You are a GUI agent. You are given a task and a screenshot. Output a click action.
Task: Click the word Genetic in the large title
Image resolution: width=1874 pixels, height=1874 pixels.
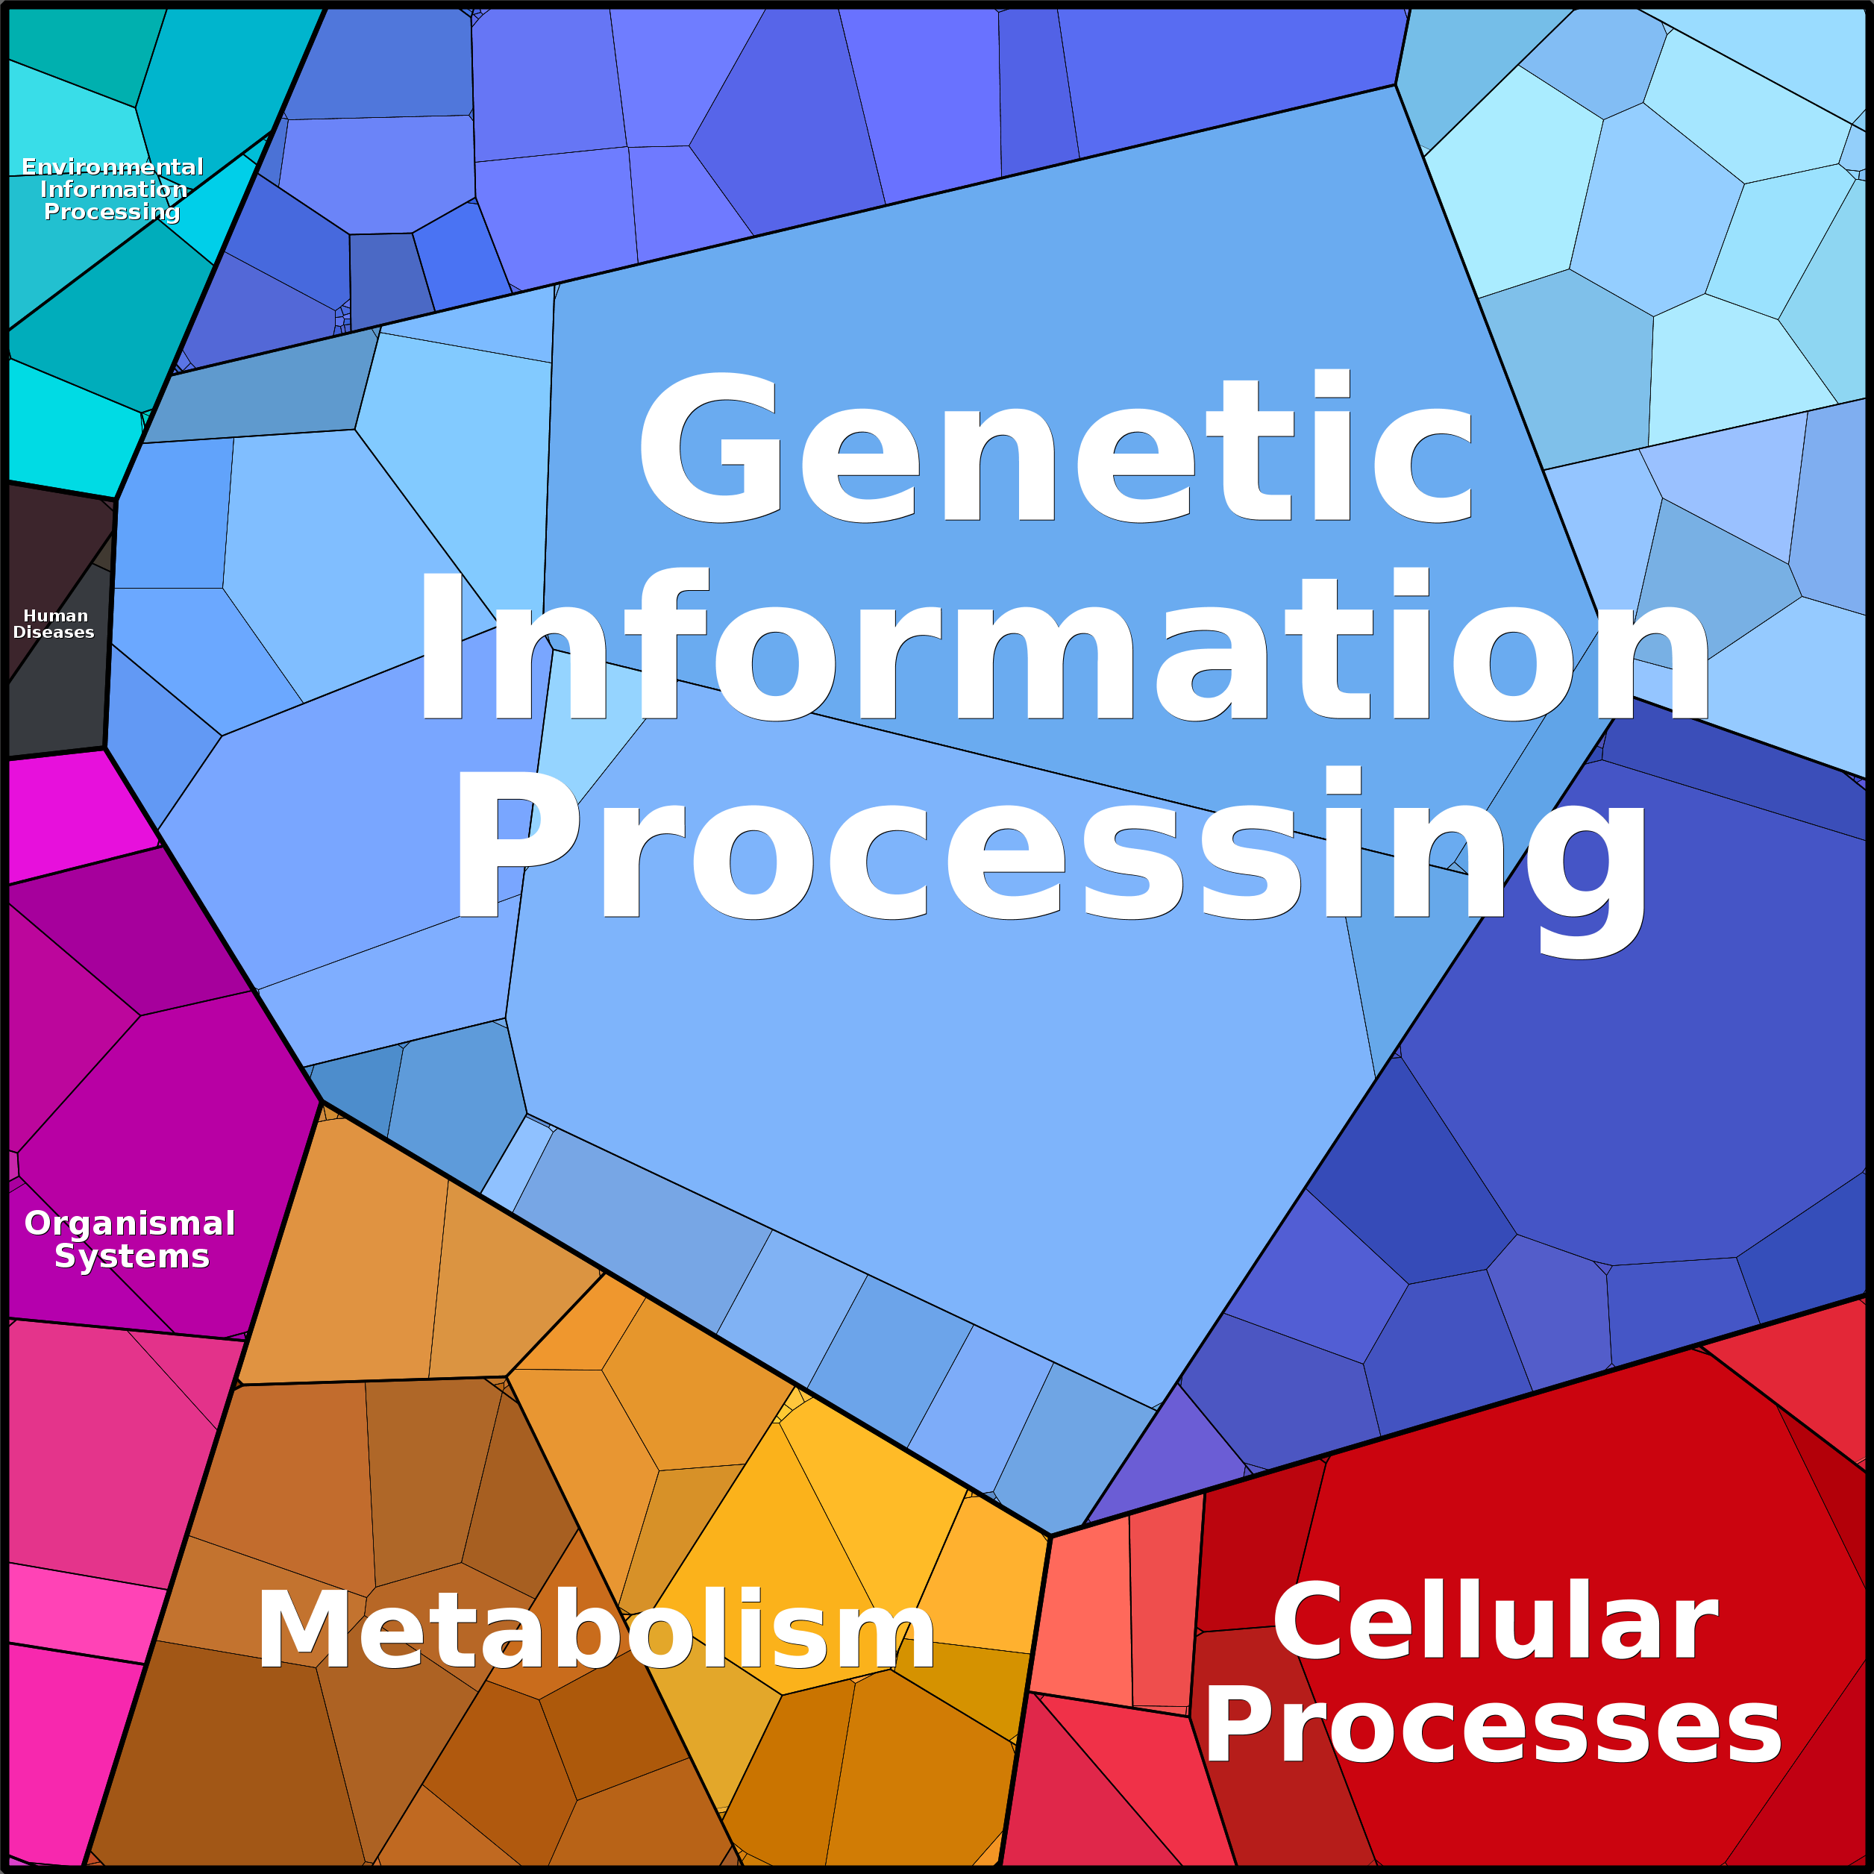click(x=1056, y=448)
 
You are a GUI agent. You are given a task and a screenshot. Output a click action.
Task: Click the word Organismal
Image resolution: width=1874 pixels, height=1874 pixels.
click(x=130, y=1223)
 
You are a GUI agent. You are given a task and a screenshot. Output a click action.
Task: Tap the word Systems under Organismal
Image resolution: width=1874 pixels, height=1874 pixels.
click(x=132, y=1256)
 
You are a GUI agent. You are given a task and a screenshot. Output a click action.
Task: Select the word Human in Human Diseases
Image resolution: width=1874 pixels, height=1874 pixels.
click(x=55, y=616)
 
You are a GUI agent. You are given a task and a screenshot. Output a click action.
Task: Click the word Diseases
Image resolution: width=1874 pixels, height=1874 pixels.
click(x=54, y=633)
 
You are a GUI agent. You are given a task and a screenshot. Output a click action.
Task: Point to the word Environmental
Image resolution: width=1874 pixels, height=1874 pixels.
click(x=113, y=167)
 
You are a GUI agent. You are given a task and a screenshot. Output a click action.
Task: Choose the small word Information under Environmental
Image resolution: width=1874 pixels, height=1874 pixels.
click(x=113, y=189)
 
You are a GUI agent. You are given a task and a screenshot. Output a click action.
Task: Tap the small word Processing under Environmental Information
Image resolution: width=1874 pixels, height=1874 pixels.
click(x=113, y=211)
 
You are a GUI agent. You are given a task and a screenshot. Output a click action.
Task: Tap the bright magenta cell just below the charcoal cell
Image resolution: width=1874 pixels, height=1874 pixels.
click(x=68, y=815)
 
